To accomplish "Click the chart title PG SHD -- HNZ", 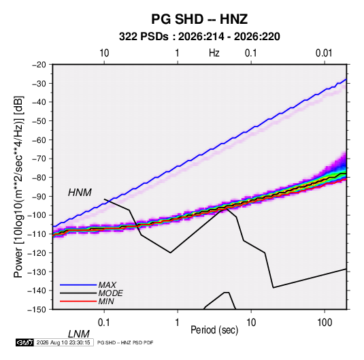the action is click(x=199, y=19).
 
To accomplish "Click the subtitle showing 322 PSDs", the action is click(x=199, y=37).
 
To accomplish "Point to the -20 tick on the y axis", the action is click(x=39, y=65).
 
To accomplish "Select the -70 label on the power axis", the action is click(x=39, y=159).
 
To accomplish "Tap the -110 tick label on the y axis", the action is click(x=37, y=234).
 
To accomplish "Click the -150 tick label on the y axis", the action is click(x=37, y=310).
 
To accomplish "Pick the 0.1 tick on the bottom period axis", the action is click(x=104, y=323).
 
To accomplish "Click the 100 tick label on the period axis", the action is click(x=325, y=323).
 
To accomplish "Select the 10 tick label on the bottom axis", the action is click(x=251, y=323).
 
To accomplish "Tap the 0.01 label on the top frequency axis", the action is click(x=324, y=53).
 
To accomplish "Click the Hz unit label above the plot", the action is click(x=214, y=53).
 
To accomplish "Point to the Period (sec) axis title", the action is click(x=214, y=330).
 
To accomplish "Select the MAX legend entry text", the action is click(x=107, y=285).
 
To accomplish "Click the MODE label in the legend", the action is click(x=110, y=293).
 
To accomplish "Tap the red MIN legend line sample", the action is click(x=78, y=301).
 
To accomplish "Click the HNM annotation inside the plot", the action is click(x=80, y=193).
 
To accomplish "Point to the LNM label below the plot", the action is click(x=79, y=334).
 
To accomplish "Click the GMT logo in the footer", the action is click(x=25, y=342).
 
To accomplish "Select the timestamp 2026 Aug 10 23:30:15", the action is click(x=63, y=342).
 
